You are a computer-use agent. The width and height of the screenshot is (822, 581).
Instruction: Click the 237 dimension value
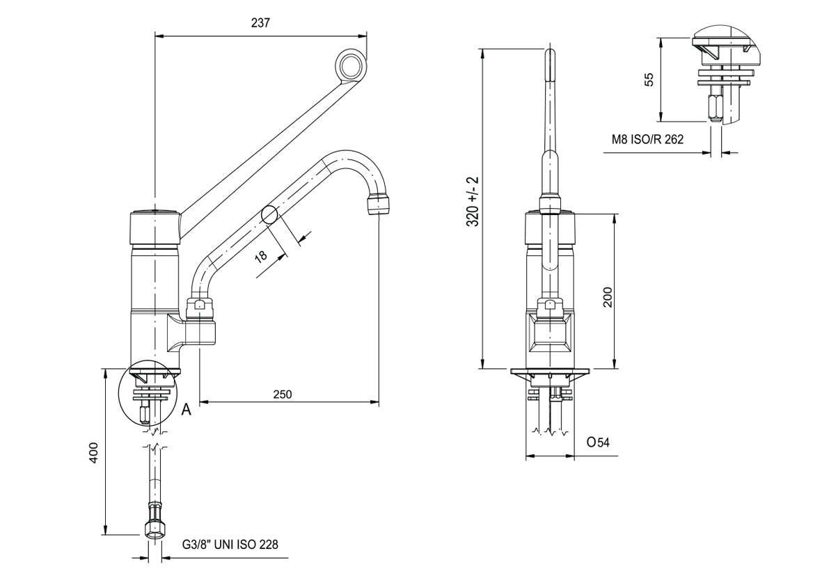point(260,23)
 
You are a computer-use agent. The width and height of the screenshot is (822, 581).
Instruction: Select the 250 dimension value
point(283,394)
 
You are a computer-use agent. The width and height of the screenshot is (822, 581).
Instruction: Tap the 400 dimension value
point(93,453)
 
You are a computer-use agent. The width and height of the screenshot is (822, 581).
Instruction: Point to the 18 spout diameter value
point(261,255)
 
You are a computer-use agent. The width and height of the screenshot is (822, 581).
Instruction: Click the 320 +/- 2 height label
point(473,201)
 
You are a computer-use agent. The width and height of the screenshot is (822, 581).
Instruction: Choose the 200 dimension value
point(607,297)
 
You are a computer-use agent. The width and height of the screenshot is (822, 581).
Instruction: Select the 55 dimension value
point(649,79)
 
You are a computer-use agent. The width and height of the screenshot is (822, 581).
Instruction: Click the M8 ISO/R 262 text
point(647,139)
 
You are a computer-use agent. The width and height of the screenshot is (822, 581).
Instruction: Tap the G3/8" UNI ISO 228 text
point(230,544)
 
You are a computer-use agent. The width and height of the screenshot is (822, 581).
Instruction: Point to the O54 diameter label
point(598,443)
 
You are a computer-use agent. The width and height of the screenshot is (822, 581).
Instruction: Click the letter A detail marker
point(187,410)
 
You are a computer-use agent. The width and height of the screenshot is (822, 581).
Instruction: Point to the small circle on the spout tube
point(269,215)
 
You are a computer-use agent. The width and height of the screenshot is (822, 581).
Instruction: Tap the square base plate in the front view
point(550,372)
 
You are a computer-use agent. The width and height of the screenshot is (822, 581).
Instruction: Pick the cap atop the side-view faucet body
point(155,228)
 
